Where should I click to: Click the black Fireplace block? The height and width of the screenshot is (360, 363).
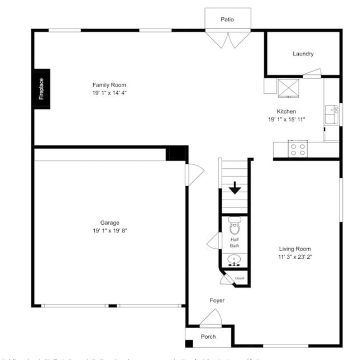[41, 89]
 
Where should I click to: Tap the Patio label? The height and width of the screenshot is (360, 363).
[227, 20]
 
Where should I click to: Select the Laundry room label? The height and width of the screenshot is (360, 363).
[303, 54]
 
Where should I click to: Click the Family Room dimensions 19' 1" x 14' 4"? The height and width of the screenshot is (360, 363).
[109, 93]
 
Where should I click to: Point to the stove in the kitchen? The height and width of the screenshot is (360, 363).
[298, 149]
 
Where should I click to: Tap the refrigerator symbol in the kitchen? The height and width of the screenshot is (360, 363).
[289, 88]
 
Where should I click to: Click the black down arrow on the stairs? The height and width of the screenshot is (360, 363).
[235, 188]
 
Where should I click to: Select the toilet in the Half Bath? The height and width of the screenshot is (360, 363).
[235, 227]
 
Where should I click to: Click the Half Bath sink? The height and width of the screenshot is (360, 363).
[235, 259]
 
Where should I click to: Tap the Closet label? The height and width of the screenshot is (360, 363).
[240, 278]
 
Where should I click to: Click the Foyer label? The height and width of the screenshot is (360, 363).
[217, 301]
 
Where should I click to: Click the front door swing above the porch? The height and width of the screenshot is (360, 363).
[211, 319]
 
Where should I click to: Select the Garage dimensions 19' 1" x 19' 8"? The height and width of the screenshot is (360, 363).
[110, 230]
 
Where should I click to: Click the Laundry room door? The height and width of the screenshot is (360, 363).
[312, 73]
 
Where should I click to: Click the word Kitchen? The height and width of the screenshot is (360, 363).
[286, 111]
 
